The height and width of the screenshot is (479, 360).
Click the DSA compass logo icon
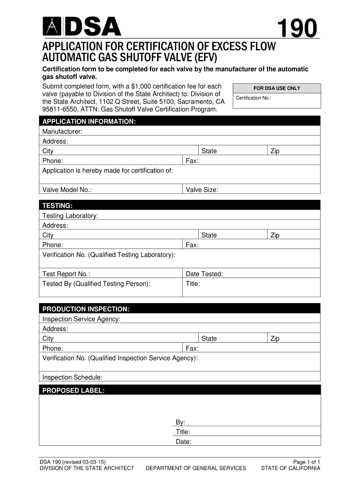click(x=51, y=27)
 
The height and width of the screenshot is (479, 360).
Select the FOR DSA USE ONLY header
click(x=277, y=88)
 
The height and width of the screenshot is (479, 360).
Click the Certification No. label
click(x=253, y=98)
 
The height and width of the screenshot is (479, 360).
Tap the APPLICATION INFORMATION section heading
click(x=89, y=122)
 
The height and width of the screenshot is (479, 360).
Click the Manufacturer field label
click(x=62, y=131)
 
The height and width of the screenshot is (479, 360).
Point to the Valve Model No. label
click(x=67, y=189)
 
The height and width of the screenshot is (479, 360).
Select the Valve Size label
click(x=202, y=189)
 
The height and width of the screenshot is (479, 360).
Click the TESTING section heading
click(x=58, y=206)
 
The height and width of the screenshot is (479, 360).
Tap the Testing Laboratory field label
click(x=70, y=216)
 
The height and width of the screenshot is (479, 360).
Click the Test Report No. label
click(x=66, y=274)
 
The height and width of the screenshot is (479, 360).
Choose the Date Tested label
click(x=204, y=274)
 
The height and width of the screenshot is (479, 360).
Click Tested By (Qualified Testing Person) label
click(x=96, y=283)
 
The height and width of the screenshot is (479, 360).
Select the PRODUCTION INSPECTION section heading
click(x=86, y=309)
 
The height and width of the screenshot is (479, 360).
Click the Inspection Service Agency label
click(x=81, y=319)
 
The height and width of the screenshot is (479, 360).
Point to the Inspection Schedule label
click(x=72, y=377)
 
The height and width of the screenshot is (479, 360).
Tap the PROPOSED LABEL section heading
click(x=73, y=390)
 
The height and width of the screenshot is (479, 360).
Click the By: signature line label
click(x=180, y=422)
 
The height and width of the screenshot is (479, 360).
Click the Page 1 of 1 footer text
click(x=306, y=461)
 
